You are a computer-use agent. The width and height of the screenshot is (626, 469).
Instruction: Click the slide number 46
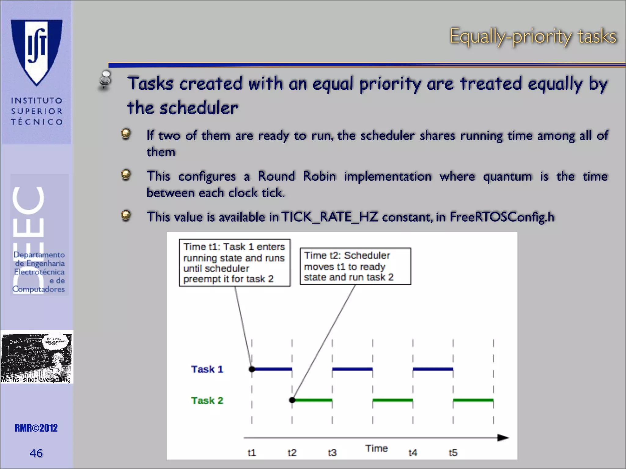coord(36,453)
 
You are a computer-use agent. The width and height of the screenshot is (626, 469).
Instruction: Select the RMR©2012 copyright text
coord(36,428)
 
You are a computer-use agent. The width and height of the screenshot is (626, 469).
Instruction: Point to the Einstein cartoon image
coord(37,357)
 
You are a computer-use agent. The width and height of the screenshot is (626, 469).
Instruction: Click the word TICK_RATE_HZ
coord(329,217)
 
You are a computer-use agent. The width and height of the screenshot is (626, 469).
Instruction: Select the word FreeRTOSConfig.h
coord(502,217)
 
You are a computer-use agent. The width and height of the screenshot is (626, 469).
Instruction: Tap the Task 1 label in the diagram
coord(207,369)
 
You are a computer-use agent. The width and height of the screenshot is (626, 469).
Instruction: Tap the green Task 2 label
coord(207,400)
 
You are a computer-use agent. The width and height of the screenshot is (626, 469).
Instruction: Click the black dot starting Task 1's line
coord(252,369)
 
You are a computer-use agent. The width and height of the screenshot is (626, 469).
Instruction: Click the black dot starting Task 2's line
coord(292,400)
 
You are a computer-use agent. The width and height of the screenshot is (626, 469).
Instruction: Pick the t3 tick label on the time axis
coord(332,453)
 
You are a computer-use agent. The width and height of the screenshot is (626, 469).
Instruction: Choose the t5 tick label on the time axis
coord(453,453)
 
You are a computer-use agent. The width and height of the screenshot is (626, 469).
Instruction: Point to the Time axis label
coord(376,448)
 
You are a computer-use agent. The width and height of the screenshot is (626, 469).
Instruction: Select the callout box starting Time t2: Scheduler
coord(355,266)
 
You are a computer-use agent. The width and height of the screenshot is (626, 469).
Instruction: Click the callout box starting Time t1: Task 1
coord(234,263)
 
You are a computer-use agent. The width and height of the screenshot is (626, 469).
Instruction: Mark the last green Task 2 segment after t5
coord(473,400)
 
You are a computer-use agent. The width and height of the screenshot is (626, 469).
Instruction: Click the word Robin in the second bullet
coord(319,176)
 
